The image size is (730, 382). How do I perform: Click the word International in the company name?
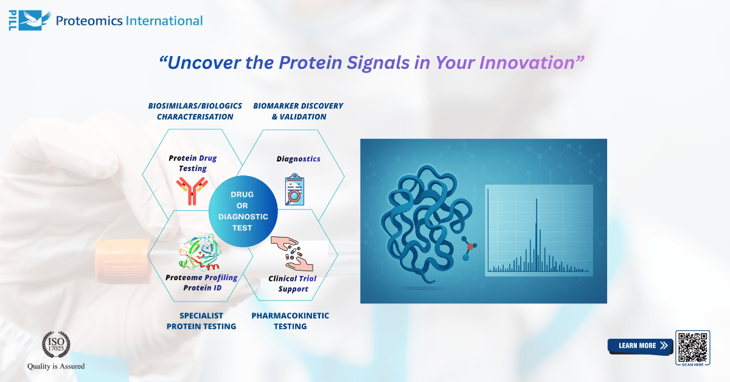pos(164,21)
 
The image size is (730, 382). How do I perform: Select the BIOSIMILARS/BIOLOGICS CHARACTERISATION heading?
pos(195,111)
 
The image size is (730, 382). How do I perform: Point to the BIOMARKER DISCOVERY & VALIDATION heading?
pos(298,111)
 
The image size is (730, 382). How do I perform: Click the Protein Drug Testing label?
pos(192,163)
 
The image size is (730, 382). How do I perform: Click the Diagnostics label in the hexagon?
pos(298,159)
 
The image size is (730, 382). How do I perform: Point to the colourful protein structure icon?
pos(199,253)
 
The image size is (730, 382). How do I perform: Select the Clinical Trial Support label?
pos(293,283)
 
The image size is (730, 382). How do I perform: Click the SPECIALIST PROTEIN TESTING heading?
pos(201,321)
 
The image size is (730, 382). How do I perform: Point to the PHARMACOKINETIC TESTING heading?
pos(290,321)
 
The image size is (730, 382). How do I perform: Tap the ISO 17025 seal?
pos(56,345)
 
